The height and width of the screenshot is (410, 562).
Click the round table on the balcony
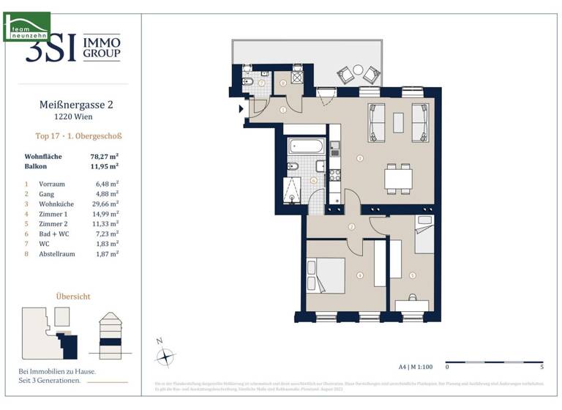coord(358,72)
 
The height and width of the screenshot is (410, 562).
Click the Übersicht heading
coord(73,296)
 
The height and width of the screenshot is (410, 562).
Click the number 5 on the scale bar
coord(541,367)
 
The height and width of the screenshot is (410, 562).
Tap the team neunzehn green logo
coord(27,26)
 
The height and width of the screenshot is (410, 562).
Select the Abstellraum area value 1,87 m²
coord(108,253)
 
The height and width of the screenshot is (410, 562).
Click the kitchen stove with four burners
coord(334,175)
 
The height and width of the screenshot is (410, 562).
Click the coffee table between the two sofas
coord(399,122)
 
